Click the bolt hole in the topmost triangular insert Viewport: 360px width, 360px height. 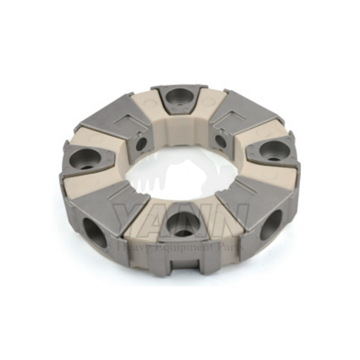(x=178, y=97)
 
